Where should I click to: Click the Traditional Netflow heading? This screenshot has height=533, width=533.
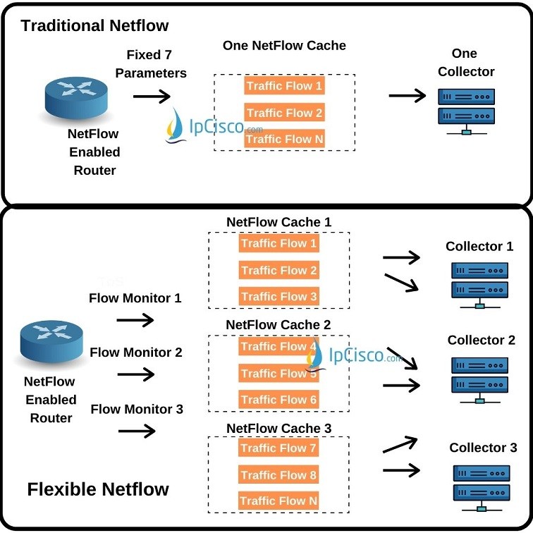click(x=95, y=26)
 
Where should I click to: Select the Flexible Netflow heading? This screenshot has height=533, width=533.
click(x=98, y=489)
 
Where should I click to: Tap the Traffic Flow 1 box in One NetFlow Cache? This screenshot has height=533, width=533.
click(x=284, y=86)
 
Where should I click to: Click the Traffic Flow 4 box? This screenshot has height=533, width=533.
click(x=278, y=347)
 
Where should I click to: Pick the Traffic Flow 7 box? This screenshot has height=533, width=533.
click(x=278, y=448)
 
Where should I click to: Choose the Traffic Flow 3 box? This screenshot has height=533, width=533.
click(x=278, y=297)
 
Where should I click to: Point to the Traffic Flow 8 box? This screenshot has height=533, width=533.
click(x=278, y=475)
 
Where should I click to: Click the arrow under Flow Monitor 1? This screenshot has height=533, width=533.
click(x=135, y=321)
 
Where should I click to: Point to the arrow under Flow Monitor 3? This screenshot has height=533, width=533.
click(x=135, y=431)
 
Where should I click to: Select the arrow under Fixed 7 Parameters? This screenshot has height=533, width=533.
click(x=152, y=95)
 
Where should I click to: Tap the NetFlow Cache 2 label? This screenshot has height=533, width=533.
click(x=278, y=325)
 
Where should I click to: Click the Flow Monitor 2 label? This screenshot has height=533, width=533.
click(x=136, y=352)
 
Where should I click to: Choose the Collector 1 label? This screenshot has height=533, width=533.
click(x=479, y=246)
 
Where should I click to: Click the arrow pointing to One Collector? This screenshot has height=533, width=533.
click(x=408, y=95)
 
